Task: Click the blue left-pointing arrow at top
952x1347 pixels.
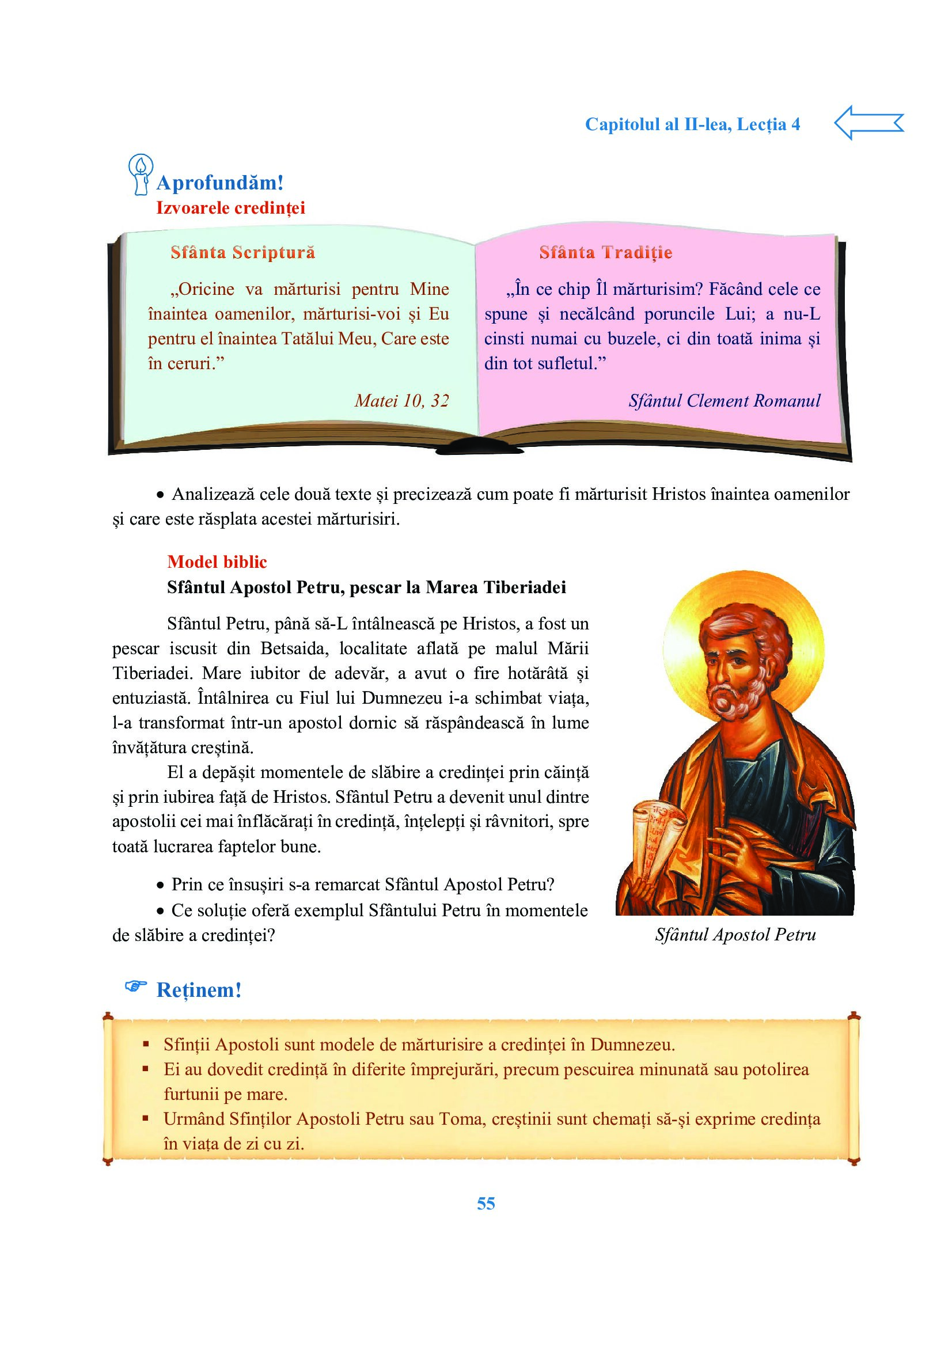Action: (x=868, y=123)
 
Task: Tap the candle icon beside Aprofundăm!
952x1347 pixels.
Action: (x=141, y=174)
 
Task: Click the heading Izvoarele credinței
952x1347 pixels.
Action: (x=230, y=208)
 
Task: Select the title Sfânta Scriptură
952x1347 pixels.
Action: (x=243, y=252)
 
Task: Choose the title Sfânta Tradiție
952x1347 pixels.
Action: (x=605, y=252)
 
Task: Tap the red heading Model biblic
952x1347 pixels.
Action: (x=217, y=561)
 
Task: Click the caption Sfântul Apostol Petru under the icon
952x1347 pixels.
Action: (x=735, y=934)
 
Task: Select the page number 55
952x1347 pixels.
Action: (x=486, y=1203)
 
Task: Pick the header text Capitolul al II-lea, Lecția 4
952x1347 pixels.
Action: (x=692, y=124)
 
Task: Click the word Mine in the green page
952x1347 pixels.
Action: (x=430, y=289)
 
